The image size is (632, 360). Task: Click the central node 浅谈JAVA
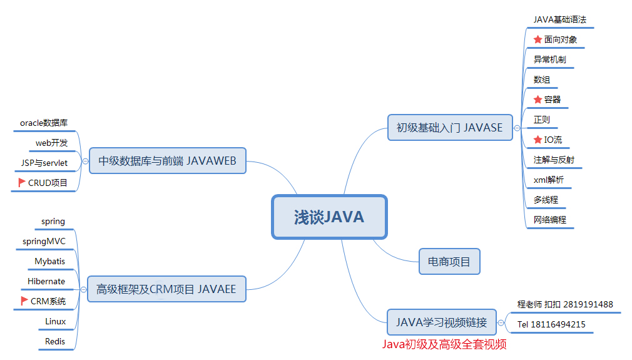coord(329,217)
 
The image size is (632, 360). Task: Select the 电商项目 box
coord(449,261)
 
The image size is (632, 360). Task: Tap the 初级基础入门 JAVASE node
coord(449,128)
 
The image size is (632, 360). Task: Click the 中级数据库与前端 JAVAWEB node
coord(167,161)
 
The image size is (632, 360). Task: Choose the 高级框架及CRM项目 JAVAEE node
coord(166,289)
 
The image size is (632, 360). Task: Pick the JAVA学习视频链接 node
coord(441,322)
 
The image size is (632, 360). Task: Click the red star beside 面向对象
coord(538,39)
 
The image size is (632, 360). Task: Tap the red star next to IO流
coord(538,140)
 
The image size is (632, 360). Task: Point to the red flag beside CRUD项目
coord(23,183)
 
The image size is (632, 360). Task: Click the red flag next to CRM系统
coord(24,301)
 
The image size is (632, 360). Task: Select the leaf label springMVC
coord(44,241)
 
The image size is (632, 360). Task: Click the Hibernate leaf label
coord(46,281)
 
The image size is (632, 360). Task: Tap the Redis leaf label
coord(55,341)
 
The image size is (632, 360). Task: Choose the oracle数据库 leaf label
coord(44,123)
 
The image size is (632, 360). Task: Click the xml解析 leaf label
coord(548,180)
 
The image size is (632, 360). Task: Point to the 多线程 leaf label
coord(546,200)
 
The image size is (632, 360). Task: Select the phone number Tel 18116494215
coord(551,324)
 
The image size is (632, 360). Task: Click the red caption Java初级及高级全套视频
coord(444,344)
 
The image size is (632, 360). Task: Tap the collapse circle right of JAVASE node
coord(517,128)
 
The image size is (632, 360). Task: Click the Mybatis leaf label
coord(50,261)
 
